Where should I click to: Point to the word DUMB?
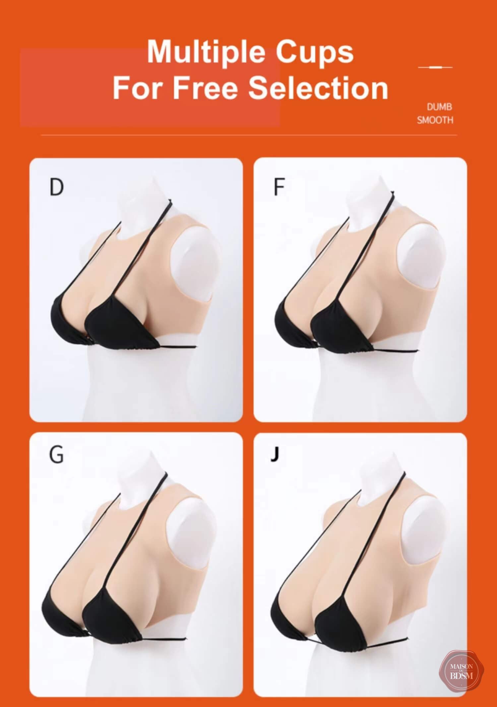439,107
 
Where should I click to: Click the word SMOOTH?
435,120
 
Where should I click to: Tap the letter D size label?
56,187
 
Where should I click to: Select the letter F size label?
279,187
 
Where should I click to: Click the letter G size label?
56,455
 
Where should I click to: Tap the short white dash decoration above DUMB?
435,67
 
